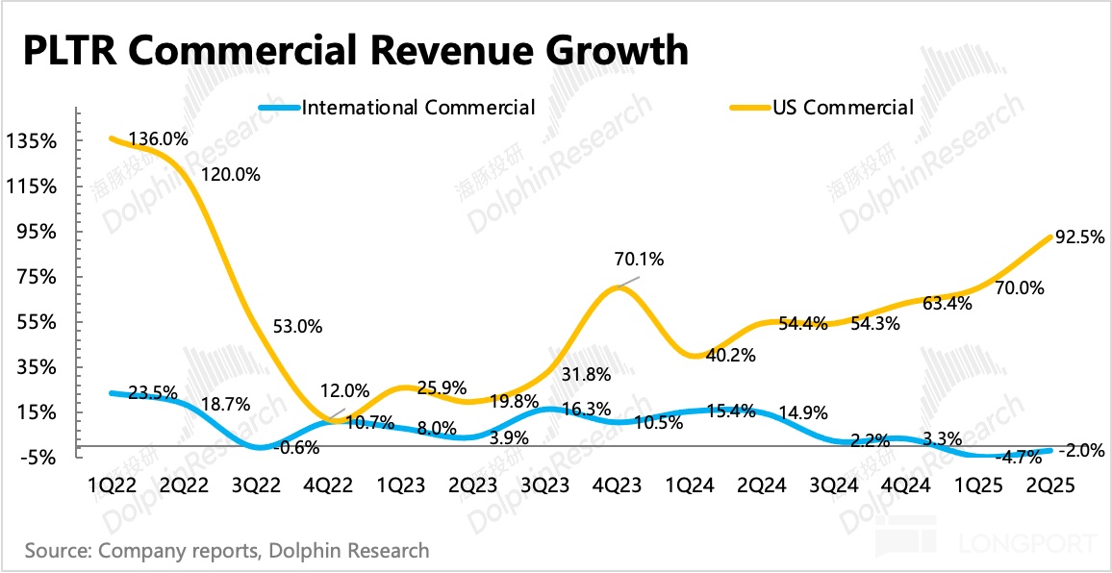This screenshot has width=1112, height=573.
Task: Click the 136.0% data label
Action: [159, 139]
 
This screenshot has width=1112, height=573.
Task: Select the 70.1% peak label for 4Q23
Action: [639, 259]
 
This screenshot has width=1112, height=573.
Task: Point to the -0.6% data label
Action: [298, 446]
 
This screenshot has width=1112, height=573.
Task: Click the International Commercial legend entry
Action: [418, 108]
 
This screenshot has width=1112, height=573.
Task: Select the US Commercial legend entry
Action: [843, 108]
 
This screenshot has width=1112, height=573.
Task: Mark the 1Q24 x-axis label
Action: [690, 487]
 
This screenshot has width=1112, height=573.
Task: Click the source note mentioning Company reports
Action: [227, 551]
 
